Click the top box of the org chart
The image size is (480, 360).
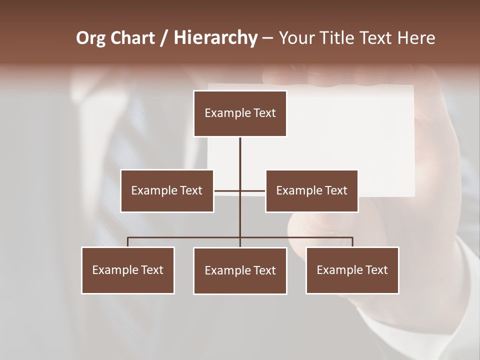240,113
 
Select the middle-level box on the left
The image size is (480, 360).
167,190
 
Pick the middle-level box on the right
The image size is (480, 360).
311,190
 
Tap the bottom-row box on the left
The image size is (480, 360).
128,270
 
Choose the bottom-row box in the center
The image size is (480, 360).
240,270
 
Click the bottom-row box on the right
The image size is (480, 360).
352,270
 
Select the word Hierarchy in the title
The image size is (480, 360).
215,38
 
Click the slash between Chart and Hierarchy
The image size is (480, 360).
164,38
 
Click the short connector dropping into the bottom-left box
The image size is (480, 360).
128,242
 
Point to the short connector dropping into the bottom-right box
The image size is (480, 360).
352,242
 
